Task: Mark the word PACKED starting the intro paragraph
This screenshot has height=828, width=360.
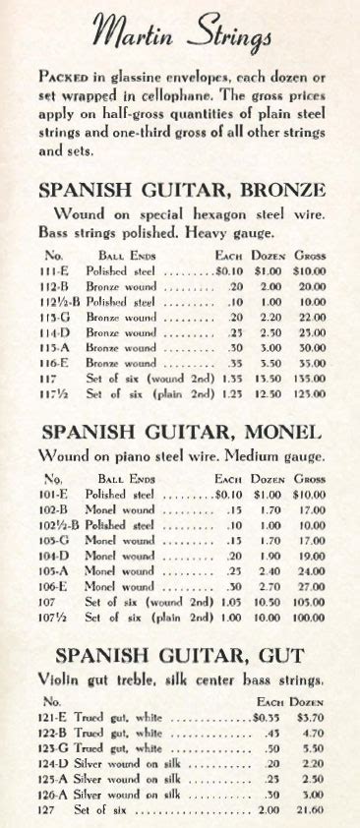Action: pos(64,76)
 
